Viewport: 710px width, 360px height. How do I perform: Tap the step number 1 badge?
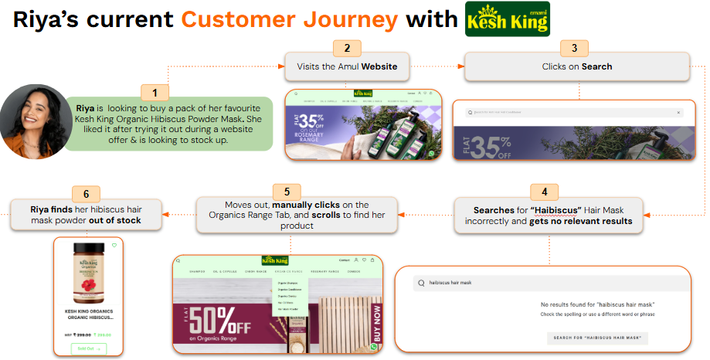coord(155,93)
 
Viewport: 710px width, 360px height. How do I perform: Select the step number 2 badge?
coord(347,48)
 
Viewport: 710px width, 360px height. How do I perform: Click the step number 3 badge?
coord(573,48)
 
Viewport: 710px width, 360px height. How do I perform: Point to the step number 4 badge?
coord(544,192)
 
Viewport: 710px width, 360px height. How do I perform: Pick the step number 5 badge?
coord(287,190)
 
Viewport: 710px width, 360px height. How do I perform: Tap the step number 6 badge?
coord(86,193)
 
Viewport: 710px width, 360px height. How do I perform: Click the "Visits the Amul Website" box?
coord(347,67)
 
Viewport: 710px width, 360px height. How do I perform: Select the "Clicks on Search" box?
coord(577,67)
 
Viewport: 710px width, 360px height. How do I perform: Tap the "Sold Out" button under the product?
coord(90,348)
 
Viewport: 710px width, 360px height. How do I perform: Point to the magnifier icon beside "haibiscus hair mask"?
coord(421,283)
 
